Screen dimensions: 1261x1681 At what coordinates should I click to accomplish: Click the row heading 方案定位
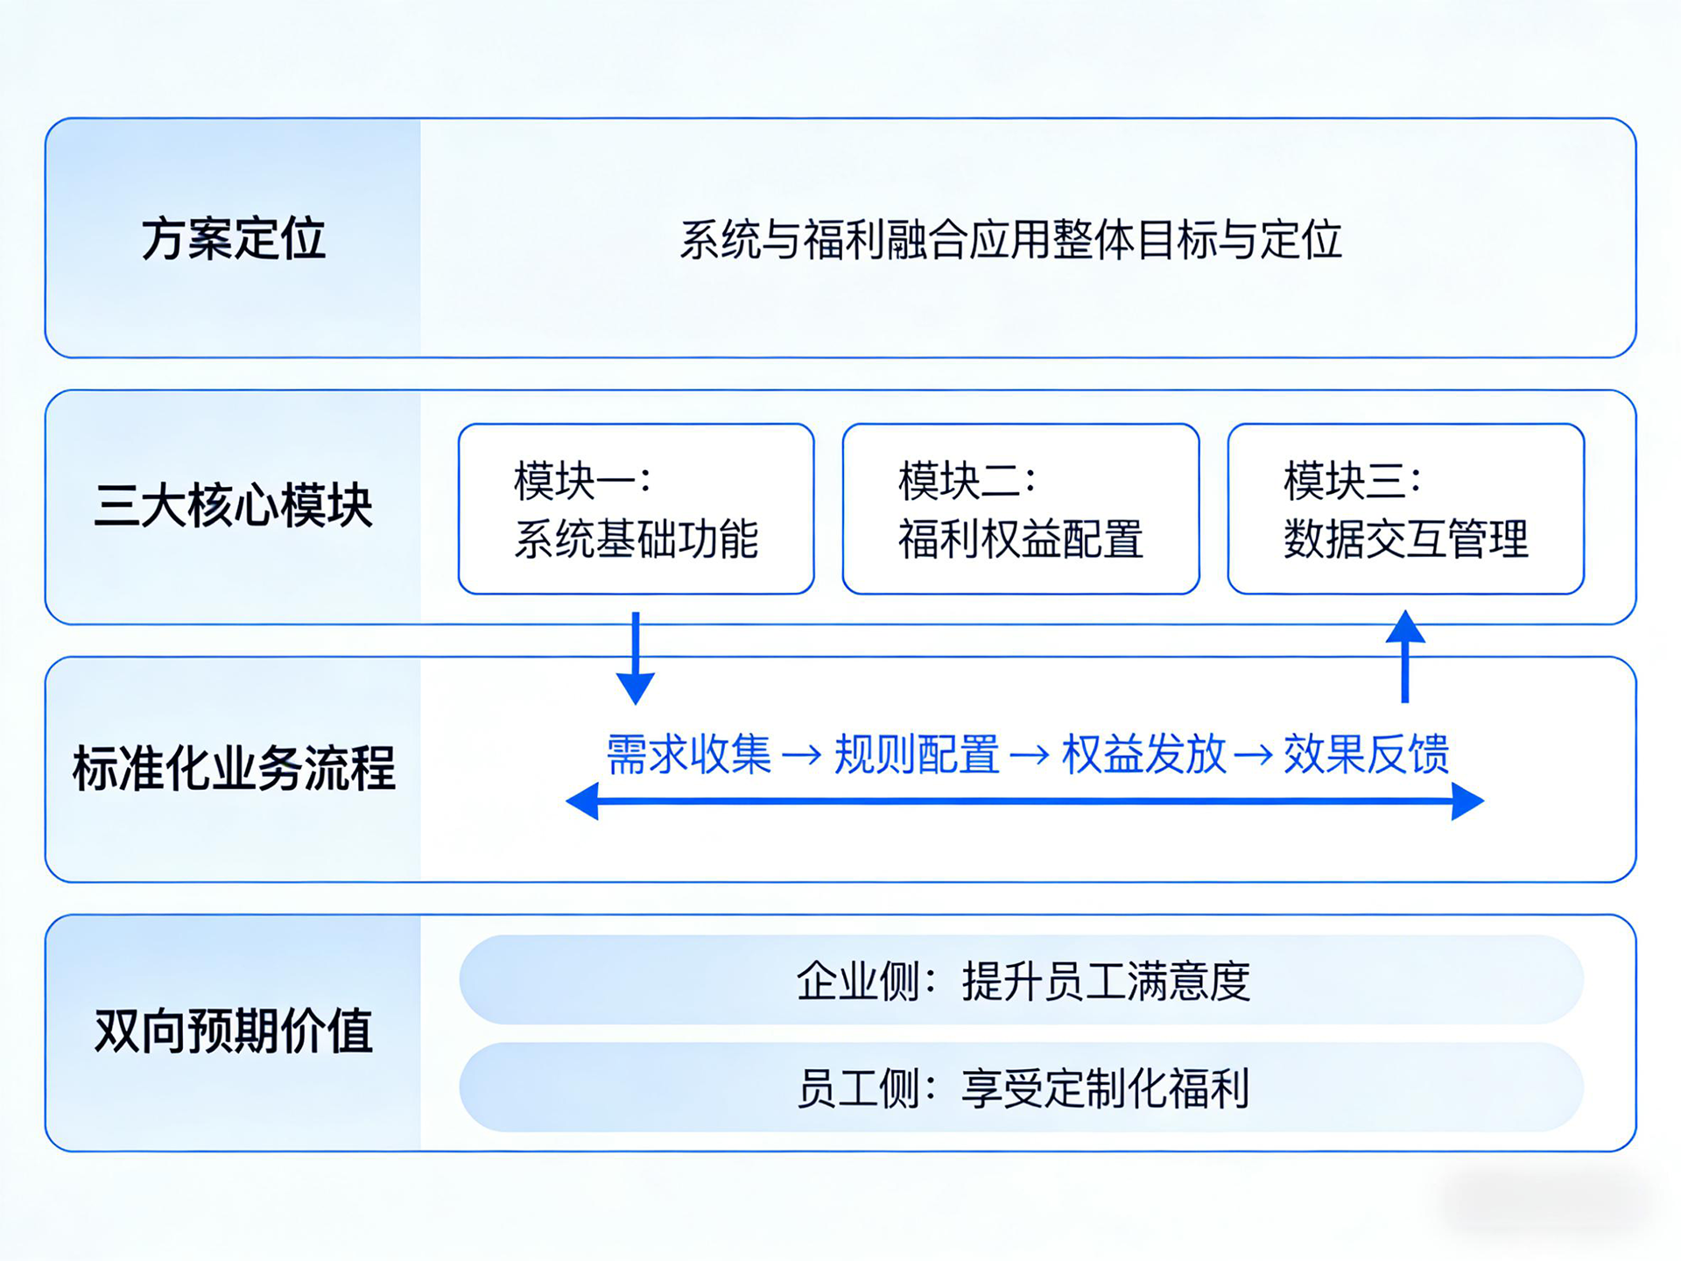[x=233, y=239]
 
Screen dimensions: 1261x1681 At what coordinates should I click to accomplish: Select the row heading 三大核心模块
[x=233, y=506]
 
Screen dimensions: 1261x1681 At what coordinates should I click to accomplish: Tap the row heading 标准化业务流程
[x=233, y=769]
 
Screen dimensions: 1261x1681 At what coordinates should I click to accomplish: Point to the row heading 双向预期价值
[x=233, y=1031]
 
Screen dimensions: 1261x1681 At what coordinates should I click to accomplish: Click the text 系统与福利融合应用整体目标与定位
[x=1010, y=240]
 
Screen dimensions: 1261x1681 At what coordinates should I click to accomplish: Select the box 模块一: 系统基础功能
[x=637, y=509]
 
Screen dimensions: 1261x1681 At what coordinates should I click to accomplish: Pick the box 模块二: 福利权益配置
[x=1021, y=509]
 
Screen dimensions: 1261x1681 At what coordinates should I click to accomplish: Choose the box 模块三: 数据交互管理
[x=1406, y=509]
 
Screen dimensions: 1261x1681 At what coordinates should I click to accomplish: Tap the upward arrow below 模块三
[x=1405, y=657]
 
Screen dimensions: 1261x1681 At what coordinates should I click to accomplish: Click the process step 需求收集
[x=689, y=754]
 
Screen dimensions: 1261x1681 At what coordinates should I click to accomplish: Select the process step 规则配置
[x=917, y=754]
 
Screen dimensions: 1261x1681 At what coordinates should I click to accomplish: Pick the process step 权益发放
[x=1143, y=754]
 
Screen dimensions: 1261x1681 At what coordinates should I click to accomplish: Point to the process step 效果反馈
[x=1367, y=754]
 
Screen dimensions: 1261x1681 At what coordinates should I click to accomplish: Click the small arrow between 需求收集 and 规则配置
[x=802, y=755]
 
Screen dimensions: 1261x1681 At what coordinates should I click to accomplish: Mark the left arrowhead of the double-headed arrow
[x=583, y=801]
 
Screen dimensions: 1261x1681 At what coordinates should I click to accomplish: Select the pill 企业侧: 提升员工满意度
[x=1021, y=981]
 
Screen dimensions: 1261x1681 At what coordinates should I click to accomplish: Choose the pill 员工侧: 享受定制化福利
[x=1021, y=1088]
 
